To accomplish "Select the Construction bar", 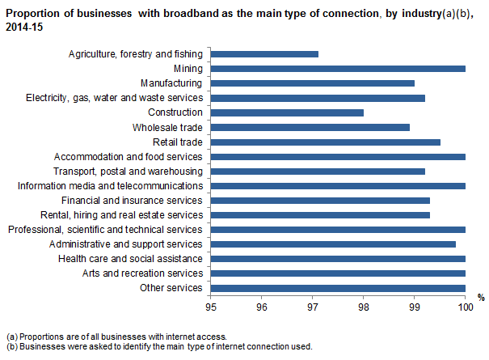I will click(287, 112).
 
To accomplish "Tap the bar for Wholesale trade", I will click(310, 127).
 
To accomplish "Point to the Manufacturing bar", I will click(312, 83).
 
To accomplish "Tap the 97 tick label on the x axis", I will click(312, 308).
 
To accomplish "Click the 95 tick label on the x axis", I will click(210, 308).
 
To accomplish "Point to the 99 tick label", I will click(414, 308).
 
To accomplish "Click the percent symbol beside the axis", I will click(480, 299).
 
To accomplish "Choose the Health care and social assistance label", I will click(131, 258).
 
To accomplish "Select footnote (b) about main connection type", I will click(158, 346).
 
